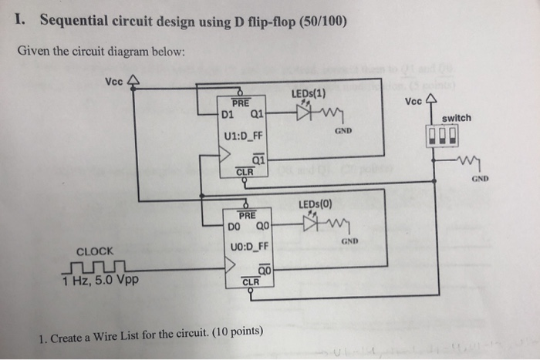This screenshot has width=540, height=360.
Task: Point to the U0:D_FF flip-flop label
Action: (x=249, y=246)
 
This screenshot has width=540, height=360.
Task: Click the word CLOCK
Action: (x=95, y=251)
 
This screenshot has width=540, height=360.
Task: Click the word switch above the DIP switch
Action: (x=457, y=118)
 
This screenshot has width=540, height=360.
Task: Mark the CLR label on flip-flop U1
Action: (x=244, y=172)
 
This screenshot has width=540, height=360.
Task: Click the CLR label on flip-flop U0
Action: (x=251, y=281)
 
